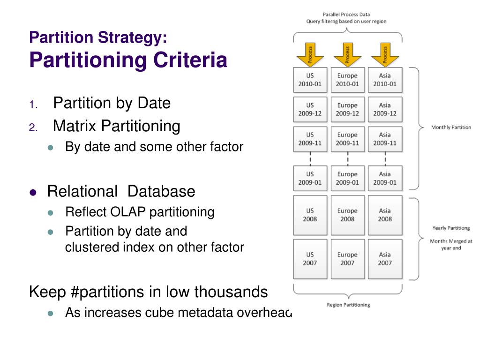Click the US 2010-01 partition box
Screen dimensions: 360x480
310,80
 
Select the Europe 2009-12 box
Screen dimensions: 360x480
347,109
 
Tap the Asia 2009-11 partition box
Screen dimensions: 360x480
385,139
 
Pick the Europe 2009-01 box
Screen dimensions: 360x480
347,178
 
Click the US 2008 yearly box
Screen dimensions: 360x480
310,215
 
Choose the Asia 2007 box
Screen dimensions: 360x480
385,259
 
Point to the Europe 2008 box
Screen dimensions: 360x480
347,215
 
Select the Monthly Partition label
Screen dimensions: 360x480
451,127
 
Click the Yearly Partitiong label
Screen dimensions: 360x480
451,228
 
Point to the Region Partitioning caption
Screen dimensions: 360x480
348,305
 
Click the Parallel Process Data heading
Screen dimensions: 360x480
346,15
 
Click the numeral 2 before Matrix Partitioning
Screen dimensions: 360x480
32,127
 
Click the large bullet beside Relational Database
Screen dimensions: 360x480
33,192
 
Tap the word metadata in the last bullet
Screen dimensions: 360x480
206,312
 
